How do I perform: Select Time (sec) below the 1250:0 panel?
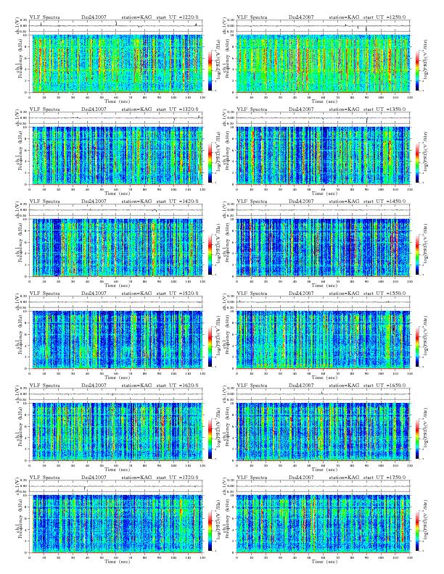click(323, 101)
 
